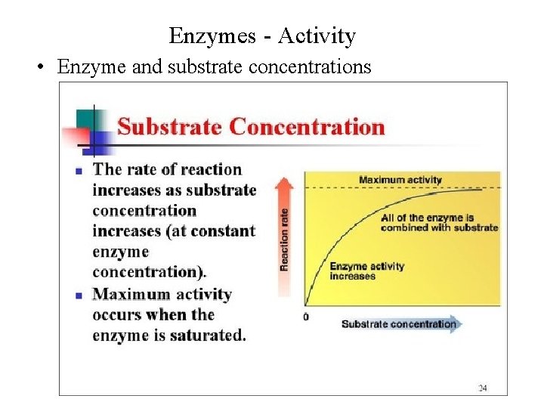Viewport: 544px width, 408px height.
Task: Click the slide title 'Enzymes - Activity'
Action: pos(262,36)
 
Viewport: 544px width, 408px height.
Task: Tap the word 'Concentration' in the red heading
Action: pos(307,126)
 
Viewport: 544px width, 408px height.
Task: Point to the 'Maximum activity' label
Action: pos(400,180)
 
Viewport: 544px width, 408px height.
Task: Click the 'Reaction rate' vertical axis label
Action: pos(285,239)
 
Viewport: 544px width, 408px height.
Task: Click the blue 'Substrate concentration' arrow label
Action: pos(398,324)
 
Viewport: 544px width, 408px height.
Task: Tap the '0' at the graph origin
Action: pos(306,317)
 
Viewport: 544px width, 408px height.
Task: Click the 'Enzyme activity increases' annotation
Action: pos(367,270)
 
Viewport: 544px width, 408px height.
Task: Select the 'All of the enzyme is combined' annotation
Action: pos(439,222)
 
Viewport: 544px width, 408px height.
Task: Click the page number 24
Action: pos(482,388)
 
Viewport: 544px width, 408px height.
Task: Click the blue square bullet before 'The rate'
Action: pos(78,172)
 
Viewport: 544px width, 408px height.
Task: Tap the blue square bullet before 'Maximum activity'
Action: pos(78,296)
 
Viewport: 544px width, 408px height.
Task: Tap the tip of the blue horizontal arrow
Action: pos(460,324)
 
